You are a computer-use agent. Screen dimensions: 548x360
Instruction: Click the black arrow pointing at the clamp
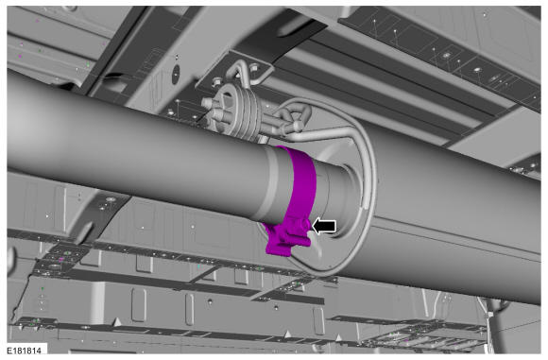coord(324,227)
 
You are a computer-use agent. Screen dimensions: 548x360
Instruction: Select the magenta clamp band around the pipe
coord(299,181)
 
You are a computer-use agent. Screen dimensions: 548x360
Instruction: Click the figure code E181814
coord(24,350)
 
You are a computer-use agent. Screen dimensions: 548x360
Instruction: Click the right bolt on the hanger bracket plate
coord(255,66)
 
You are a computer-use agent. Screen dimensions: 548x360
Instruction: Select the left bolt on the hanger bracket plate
coord(216,82)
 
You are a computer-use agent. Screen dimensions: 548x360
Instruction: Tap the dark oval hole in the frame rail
coord(176,72)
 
